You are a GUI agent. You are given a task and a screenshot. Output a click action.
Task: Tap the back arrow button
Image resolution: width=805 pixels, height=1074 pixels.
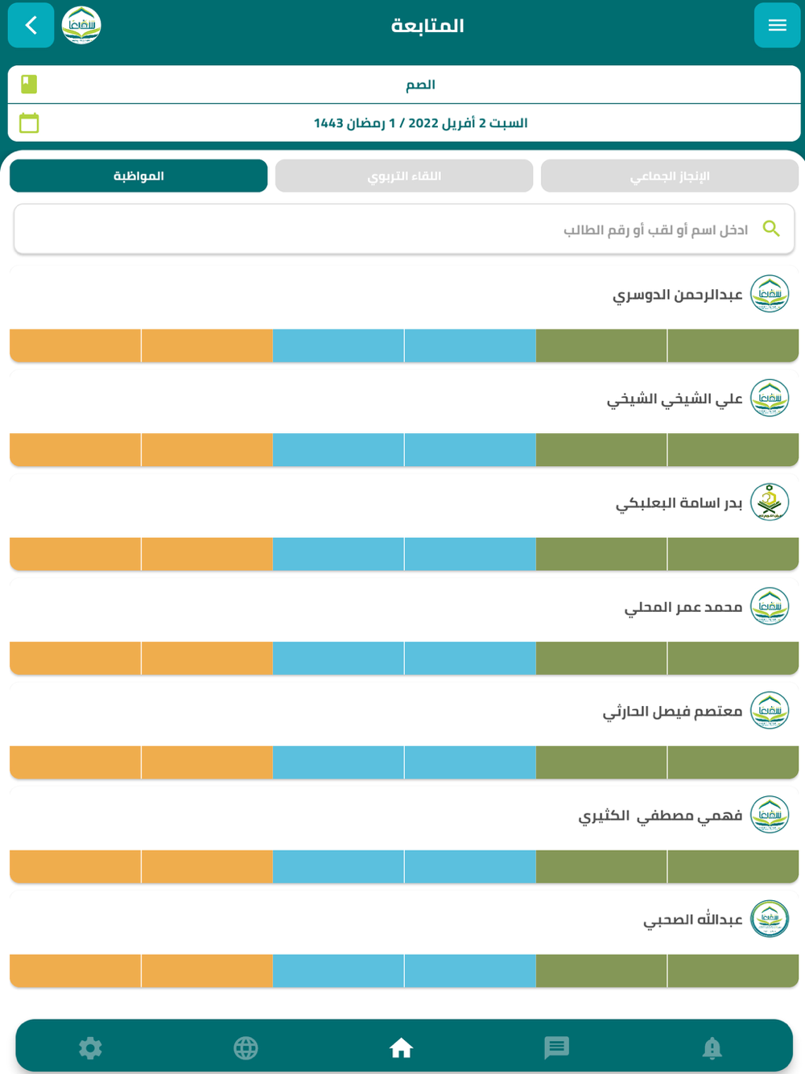pyautogui.click(x=31, y=26)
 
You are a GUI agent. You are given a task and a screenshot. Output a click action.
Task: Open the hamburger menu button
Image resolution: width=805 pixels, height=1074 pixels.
pyautogui.click(x=777, y=26)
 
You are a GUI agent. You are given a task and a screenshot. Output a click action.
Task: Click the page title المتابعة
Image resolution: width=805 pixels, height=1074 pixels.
pyautogui.click(x=427, y=26)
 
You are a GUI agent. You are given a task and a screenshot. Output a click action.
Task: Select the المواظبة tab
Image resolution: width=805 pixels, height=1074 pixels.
pyautogui.click(x=138, y=176)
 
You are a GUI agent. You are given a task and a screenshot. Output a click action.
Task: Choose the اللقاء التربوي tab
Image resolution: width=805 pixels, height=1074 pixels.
pyautogui.click(x=404, y=176)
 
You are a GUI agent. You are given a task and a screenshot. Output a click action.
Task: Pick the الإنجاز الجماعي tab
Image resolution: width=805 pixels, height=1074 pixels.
pyautogui.click(x=669, y=176)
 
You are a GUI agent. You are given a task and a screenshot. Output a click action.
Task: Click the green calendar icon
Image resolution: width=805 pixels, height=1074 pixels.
pyautogui.click(x=29, y=123)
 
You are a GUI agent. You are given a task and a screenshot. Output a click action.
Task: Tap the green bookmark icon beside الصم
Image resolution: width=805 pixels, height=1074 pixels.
pyautogui.click(x=29, y=84)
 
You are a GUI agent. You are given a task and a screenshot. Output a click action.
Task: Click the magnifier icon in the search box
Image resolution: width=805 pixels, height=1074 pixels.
pyautogui.click(x=771, y=229)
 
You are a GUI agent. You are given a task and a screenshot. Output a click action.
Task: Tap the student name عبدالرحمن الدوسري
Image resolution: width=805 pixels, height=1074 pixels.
pyautogui.click(x=677, y=295)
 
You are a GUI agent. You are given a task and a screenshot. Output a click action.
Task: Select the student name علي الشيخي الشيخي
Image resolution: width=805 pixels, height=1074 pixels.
pyautogui.click(x=674, y=399)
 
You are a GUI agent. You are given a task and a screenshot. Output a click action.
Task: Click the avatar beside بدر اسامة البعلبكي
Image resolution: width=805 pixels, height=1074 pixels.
pyautogui.click(x=770, y=502)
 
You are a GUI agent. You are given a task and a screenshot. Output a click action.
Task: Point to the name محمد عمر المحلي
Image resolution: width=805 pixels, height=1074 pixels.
pyautogui.click(x=683, y=607)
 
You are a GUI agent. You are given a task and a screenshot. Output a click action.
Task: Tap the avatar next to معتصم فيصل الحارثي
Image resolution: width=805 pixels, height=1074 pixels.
pyautogui.click(x=770, y=711)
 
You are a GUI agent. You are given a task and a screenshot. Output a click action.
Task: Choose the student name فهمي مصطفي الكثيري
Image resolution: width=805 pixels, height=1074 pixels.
pyautogui.click(x=660, y=816)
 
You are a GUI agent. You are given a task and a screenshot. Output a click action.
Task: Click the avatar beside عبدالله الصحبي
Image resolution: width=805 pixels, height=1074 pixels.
pyautogui.click(x=770, y=919)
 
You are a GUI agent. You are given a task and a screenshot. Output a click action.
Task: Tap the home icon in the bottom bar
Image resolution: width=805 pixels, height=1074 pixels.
pyautogui.click(x=401, y=1047)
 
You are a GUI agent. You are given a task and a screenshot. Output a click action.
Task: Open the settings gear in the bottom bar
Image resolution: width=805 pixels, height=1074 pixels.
pyautogui.click(x=90, y=1047)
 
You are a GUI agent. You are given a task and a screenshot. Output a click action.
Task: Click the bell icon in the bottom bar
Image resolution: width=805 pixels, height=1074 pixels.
pyautogui.click(x=712, y=1047)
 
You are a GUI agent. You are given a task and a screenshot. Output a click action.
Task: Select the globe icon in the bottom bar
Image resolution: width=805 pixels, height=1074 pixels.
pyautogui.click(x=246, y=1047)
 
